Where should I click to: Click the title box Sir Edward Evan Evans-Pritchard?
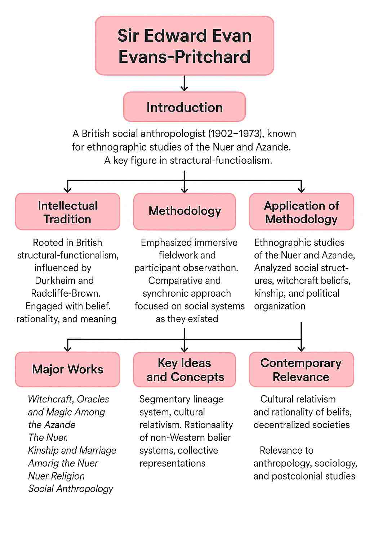[184, 46]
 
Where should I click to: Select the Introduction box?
[184, 107]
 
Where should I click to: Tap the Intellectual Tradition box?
[67, 212]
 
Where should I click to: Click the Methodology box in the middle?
[184, 211]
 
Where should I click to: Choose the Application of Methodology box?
[302, 212]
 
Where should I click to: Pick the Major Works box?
[67, 369]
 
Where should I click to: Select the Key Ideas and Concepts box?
[184, 370]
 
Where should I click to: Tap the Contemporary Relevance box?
[302, 370]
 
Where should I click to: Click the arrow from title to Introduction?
[184, 84]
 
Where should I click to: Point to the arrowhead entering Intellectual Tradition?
[67, 190]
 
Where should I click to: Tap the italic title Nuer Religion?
[56, 476]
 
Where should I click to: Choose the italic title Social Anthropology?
[71, 489]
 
